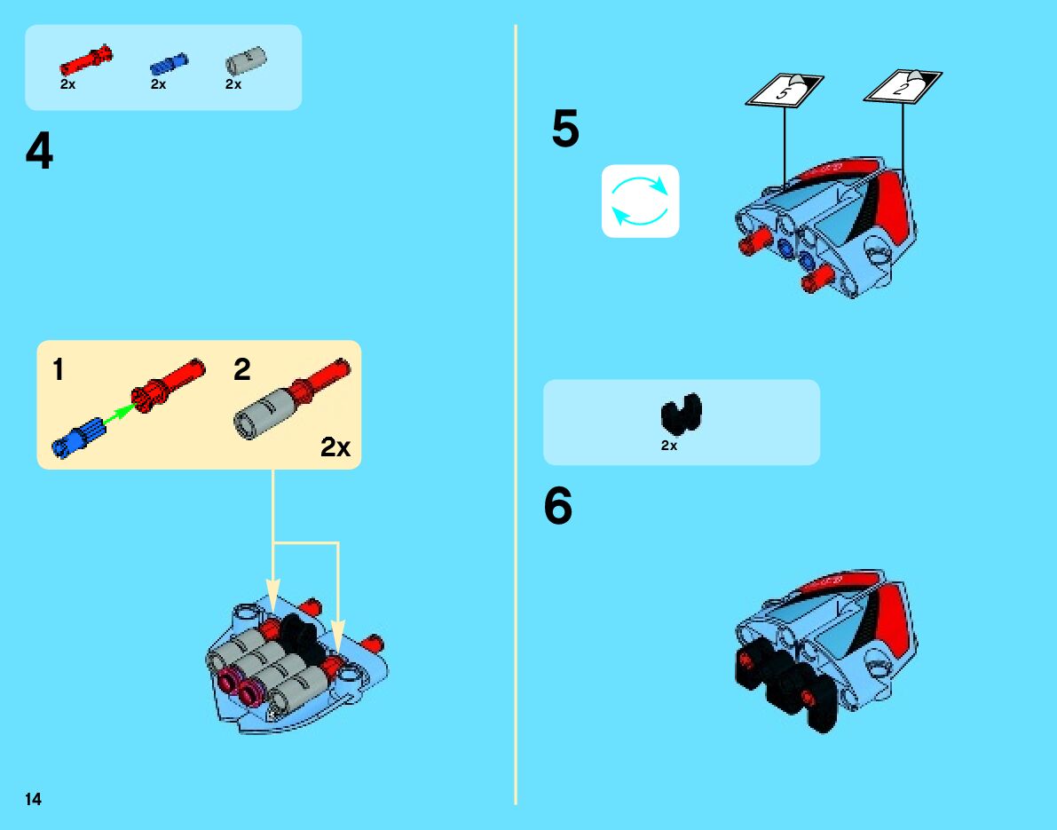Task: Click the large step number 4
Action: click(39, 153)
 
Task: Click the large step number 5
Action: click(565, 130)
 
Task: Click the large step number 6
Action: click(558, 508)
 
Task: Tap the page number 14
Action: click(33, 799)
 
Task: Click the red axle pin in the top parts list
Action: click(86, 59)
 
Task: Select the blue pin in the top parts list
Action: click(169, 63)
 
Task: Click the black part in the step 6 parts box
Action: click(681, 414)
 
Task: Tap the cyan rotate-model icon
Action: click(640, 201)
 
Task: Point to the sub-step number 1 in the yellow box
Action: click(58, 370)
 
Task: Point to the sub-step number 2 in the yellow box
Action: click(242, 370)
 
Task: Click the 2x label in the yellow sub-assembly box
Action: click(335, 448)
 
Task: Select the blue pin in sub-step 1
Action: click(79, 438)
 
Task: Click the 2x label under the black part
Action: click(669, 446)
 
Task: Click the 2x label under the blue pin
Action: click(158, 84)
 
